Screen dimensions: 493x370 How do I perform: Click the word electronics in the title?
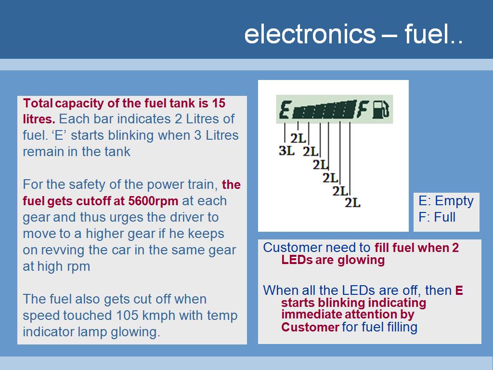tap(310, 34)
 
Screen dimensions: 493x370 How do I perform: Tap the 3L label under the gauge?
tap(286, 151)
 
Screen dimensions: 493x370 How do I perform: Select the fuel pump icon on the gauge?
tap(381, 109)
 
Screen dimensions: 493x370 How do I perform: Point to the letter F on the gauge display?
tap(363, 109)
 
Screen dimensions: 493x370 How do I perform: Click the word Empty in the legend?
tap(454, 201)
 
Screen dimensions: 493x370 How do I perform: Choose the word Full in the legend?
tap(444, 217)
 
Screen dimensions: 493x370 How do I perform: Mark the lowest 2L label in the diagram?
tap(352, 203)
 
